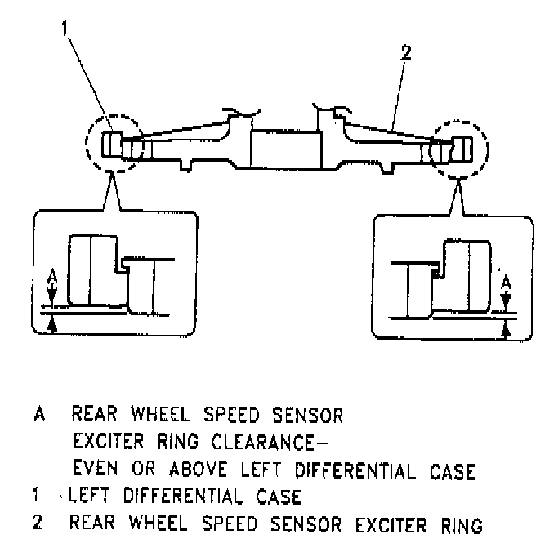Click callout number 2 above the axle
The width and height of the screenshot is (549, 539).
(x=406, y=56)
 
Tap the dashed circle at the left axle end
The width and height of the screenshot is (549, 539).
(x=115, y=147)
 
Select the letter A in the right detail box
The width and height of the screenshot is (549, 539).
(x=507, y=283)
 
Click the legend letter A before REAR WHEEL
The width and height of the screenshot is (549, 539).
(x=38, y=415)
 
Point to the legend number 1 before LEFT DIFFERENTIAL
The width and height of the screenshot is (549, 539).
(x=38, y=496)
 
